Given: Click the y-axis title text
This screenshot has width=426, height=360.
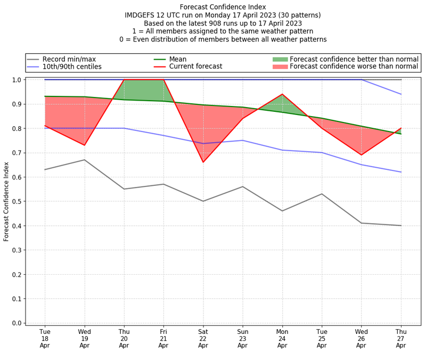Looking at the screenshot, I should [x=6, y=201].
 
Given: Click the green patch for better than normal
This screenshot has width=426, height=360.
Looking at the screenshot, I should [x=280, y=59].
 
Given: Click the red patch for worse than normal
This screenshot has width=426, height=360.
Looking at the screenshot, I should [x=280, y=67].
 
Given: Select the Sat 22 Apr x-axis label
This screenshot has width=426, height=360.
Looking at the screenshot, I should [x=203, y=339].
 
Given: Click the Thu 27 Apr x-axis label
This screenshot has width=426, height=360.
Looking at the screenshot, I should [x=400, y=339].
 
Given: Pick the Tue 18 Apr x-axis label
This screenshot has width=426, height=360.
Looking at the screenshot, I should [x=45, y=339].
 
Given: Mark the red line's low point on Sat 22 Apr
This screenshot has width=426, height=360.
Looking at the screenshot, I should [x=203, y=162].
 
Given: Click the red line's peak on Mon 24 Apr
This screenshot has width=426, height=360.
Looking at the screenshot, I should [x=282, y=94].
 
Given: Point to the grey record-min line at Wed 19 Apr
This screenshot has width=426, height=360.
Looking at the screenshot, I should [x=85, y=160].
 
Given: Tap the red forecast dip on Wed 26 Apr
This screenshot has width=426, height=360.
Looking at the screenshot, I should [x=361, y=155].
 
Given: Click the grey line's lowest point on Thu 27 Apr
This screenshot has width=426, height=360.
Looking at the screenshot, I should [x=400, y=225].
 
